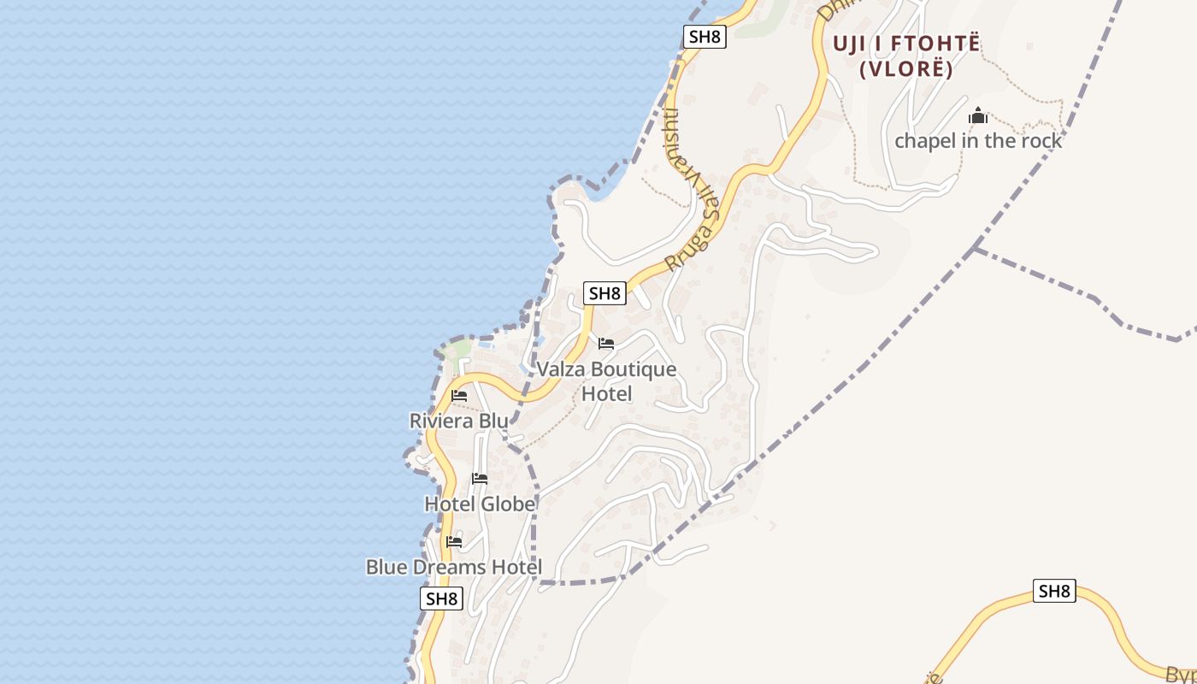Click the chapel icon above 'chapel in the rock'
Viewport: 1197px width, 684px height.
click(978, 115)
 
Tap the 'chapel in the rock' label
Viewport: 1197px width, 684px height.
click(978, 140)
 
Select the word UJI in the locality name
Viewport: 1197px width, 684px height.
click(856, 44)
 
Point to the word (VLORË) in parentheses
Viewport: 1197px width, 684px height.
click(906, 69)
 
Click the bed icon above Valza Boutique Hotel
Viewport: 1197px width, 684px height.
click(606, 344)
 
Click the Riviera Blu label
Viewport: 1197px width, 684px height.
click(458, 421)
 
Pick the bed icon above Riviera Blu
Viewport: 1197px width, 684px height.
click(459, 396)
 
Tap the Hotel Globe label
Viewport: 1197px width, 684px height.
click(480, 504)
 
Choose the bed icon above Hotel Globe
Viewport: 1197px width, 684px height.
click(480, 479)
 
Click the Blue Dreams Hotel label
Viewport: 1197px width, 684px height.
click(454, 567)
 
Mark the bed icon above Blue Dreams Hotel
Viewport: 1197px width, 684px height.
click(454, 542)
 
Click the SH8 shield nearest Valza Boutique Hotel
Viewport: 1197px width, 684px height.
click(604, 293)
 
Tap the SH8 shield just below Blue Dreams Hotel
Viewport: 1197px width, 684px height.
click(442, 598)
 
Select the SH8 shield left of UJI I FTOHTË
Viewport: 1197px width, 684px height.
click(705, 37)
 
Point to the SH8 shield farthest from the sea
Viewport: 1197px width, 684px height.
click(1054, 591)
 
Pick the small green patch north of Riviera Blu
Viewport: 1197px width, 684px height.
click(460, 349)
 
